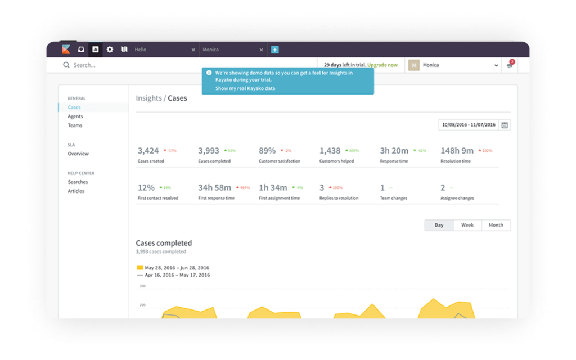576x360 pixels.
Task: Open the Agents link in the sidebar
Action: tap(75, 116)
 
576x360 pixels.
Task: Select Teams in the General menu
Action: tap(75, 125)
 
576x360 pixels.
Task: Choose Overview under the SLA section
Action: tap(78, 154)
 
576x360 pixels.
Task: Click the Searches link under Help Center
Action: tap(78, 182)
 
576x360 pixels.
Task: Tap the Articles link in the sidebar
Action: tap(76, 191)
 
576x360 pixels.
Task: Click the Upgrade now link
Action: tap(382, 65)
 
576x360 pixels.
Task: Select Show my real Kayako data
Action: tap(245, 88)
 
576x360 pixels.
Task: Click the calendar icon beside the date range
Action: tap(505, 125)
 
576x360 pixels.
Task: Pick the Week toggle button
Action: tap(467, 225)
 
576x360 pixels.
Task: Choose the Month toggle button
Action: tap(496, 225)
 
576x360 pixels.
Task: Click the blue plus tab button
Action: tap(274, 49)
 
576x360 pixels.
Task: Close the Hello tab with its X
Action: tap(193, 49)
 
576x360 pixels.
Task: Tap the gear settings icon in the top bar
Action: tap(110, 49)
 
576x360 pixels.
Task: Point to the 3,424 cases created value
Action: tap(148, 151)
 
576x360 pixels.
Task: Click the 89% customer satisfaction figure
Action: tap(267, 151)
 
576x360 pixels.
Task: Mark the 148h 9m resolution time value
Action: tap(457, 151)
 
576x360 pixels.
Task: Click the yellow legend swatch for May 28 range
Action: tap(140, 268)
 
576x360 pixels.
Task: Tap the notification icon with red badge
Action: tap(510, 65)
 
